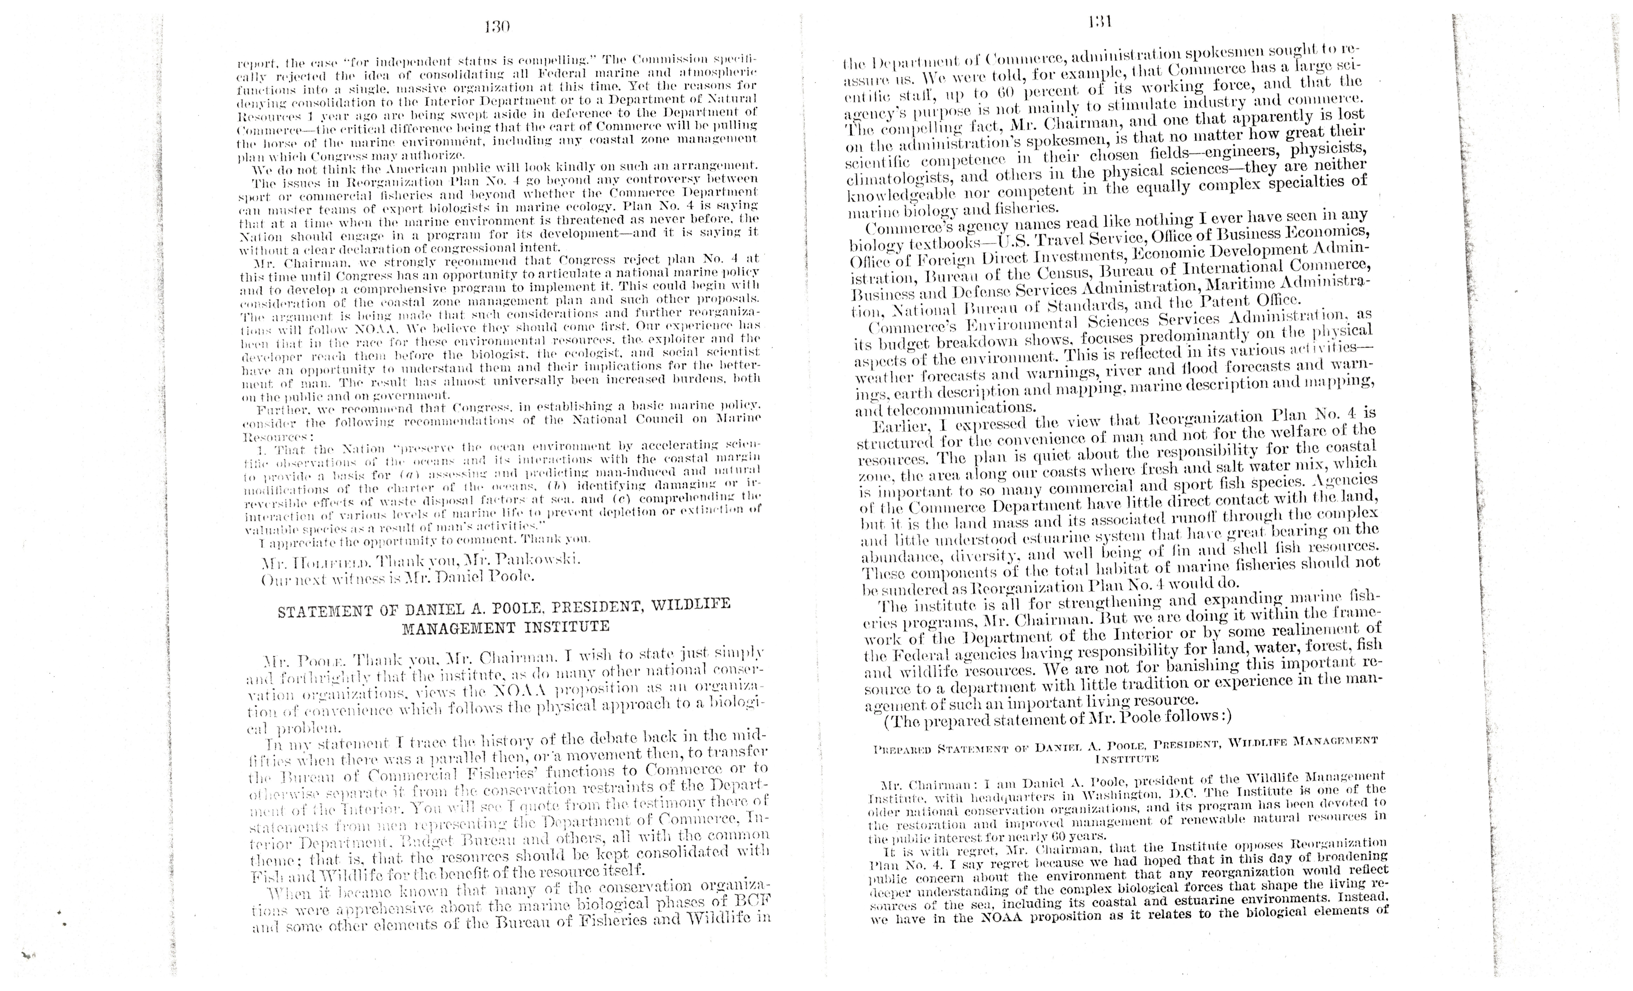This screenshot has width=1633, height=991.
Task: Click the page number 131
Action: coord(1100,22)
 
